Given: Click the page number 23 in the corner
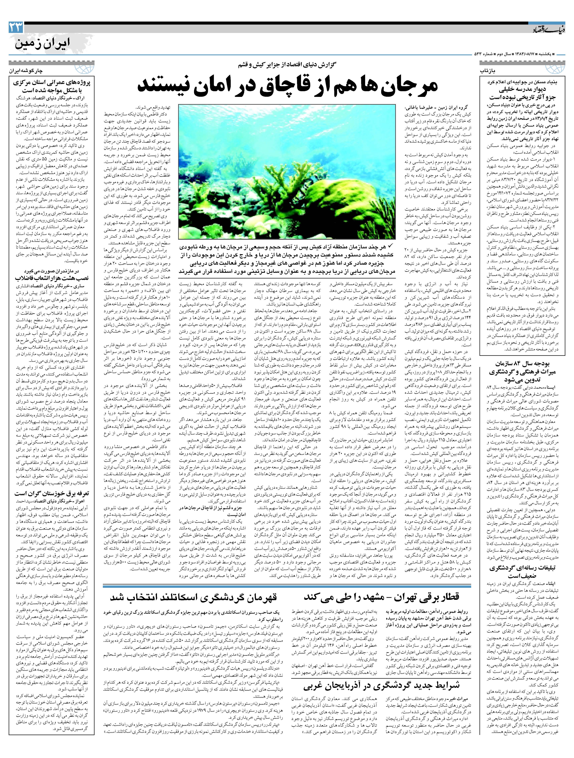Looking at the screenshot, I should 16,27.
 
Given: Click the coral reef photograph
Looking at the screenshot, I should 287,172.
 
